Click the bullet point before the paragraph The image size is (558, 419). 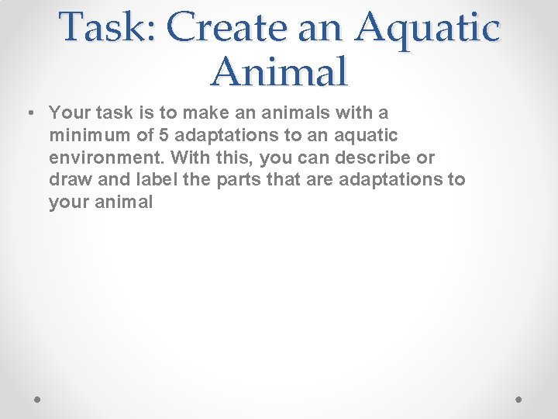coord(28,113)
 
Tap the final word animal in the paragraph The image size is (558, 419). coord(126,203)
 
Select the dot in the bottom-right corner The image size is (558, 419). coord(520,398)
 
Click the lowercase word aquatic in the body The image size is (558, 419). coord(367,136)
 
